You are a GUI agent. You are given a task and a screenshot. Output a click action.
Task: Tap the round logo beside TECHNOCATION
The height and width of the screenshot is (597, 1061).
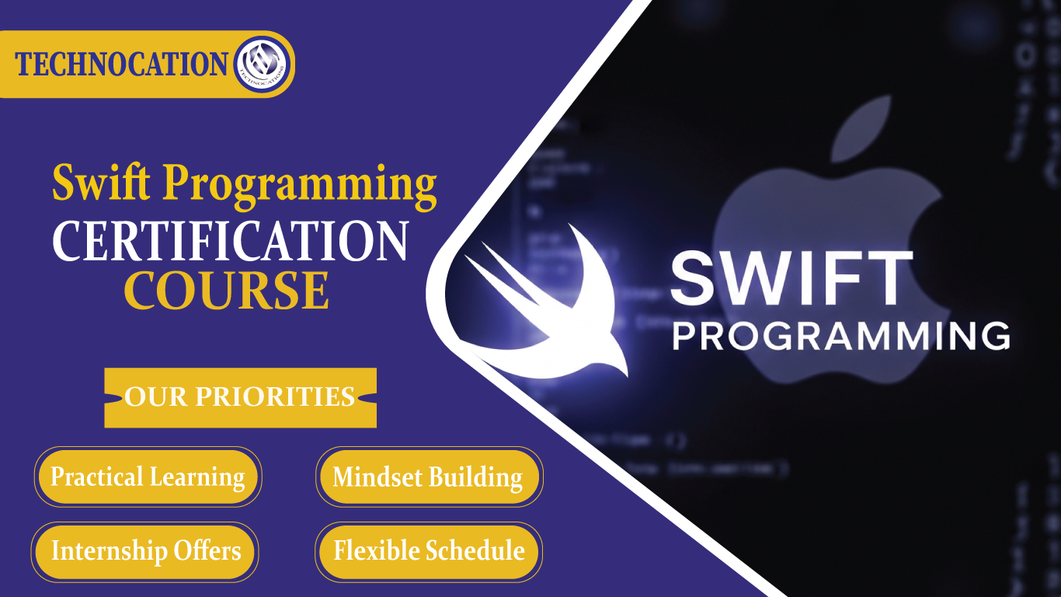pyautogui.click(x=261, y=65)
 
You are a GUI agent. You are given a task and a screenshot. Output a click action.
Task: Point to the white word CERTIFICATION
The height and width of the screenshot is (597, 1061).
pyautogui.click(x=231, y=241)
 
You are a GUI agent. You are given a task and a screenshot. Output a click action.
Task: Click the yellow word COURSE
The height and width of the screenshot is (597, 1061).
pyautogui.click(x=227, y=290)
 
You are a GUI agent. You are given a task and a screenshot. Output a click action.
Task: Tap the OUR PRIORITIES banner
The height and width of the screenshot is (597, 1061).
pyautogui.click(x=240, y=397)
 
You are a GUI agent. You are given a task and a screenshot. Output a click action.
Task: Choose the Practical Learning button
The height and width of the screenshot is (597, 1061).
pyautogui.click(x=148, y=477)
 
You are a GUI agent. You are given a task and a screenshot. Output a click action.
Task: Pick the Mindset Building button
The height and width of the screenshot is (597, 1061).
pyautogui.click(x=428, y=477)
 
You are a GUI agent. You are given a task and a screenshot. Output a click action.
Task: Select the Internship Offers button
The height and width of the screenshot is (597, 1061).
pyautogui.click(x=145, y=551)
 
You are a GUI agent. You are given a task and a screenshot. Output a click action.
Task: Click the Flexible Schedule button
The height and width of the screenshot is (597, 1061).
pyautogui.click(x=429, y=551)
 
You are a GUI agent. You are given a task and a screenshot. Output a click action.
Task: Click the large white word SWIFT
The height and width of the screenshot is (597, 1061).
pyautogui.click(x=791, y=279)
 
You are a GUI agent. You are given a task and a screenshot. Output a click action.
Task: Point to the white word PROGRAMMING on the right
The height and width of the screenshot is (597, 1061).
pyautogui.click(x=840, y=336)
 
